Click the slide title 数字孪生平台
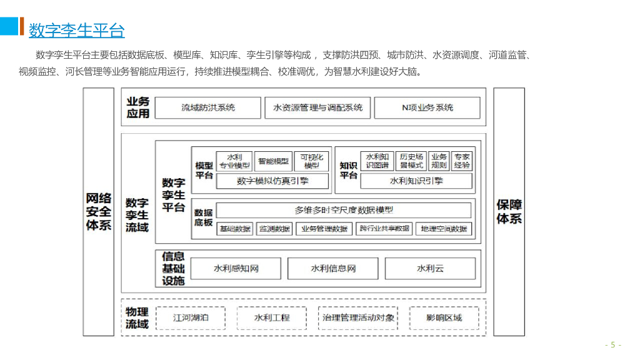click(x=77, y=30)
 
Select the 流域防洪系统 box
click(x=208, y=107)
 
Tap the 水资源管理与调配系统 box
click(x=317, y=107)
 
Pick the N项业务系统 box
click(x=427, y=107)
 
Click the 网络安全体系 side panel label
click(x=99, y=211)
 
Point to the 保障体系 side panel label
click(x=509, y=211)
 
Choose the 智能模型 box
click(x=274, y=161)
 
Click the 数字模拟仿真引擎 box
click(x=272, y=181)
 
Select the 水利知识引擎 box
click(x=416, y=181)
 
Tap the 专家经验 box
click(x=462, y=161)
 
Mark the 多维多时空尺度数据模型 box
click(x=344, y=210)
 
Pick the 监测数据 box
click(x=274, y=229)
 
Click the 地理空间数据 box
click(x=444, y=229)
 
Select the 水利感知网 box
click(x=236, y=269)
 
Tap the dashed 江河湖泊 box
click(x=191, y=317)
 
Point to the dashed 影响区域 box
click(x=444, y=317)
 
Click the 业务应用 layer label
click(x=138, y=107)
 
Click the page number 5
click(x=612, y=344)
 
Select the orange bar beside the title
click(x=22, y=26)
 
